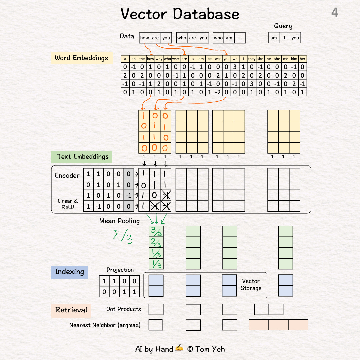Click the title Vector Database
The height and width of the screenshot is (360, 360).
[180, 14]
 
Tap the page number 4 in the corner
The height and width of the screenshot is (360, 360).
[334, 13]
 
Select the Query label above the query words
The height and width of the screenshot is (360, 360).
[283, 26]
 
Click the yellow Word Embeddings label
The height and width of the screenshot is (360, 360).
[81, 58]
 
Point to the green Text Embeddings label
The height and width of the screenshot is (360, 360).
[83, 157]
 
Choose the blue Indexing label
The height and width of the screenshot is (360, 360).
[69, 272]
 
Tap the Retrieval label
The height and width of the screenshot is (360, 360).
[71, 310]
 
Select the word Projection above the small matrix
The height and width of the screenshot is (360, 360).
[120, 270]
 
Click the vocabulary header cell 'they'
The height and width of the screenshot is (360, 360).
[252, 59]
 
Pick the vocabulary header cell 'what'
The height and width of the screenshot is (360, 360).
[176, 59]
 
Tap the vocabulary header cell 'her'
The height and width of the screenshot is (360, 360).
[302, 59]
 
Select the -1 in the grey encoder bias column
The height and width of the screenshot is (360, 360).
[129, 196]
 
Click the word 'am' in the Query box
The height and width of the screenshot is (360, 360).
[274, 38]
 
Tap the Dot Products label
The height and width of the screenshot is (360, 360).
[123, 309]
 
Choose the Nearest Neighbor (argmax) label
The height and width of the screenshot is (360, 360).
[105, 325]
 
